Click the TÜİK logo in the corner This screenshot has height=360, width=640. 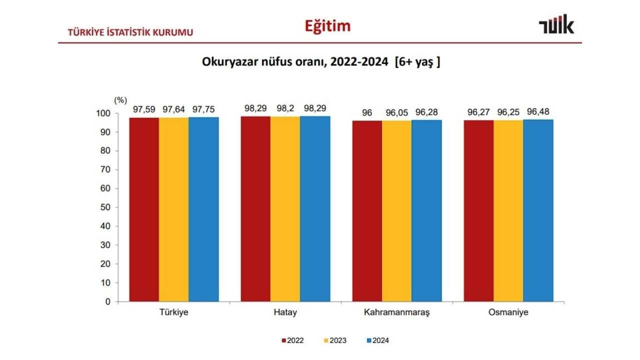click(556, 24)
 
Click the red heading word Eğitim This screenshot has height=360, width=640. click(327, 26)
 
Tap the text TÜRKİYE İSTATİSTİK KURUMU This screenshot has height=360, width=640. click(130, 33)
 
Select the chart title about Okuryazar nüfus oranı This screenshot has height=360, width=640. click(320, 62)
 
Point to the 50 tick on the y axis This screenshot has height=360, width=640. click(106, 207)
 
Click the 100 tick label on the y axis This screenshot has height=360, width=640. click(104, 113)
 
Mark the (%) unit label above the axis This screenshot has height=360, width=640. click(120, 100)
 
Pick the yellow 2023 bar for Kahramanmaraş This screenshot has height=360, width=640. click(397, 210)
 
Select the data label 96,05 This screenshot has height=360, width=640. click(397, 113)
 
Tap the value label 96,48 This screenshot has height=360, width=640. click(538, 111)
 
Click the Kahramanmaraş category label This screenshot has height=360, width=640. click(397, 312)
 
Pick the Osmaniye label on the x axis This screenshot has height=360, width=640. click(508, 312)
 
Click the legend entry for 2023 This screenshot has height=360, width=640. click(334, 341)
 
